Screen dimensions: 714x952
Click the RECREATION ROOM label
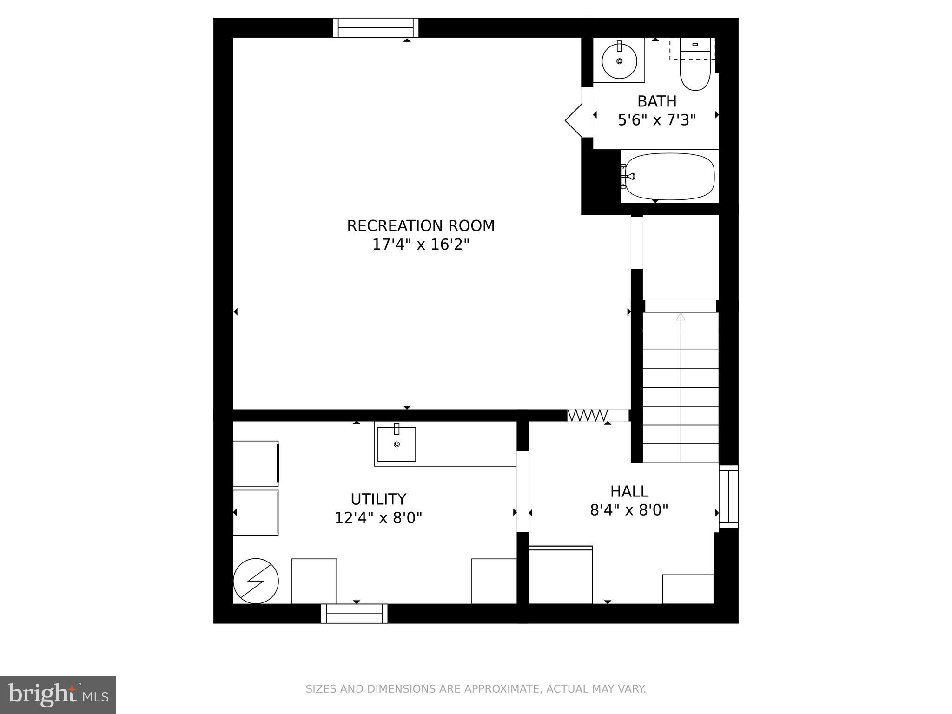point(421,226)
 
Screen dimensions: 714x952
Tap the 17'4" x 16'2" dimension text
point(421,245)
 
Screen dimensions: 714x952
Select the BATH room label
point(656,101)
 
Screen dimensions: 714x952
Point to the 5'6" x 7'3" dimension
point(656,120)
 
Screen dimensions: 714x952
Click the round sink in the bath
point(619,61)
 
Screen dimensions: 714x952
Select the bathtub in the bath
point(669,176)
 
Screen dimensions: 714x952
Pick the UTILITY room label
point(378,499)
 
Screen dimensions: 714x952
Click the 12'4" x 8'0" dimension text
point(378,518)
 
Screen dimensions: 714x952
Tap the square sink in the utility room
point(397,444)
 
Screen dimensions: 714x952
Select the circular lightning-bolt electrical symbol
point(256,581)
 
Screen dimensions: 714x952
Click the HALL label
point(629,491)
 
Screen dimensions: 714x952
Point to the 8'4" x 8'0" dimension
point(629,510)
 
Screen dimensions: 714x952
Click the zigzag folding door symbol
point(588,415)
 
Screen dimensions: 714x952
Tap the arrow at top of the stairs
point(681,317)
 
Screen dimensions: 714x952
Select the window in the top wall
point(376,28)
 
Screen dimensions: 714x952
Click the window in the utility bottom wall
point(354,614)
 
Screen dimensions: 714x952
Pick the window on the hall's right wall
point(728,496)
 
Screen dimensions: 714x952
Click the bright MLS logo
point(58,695)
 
